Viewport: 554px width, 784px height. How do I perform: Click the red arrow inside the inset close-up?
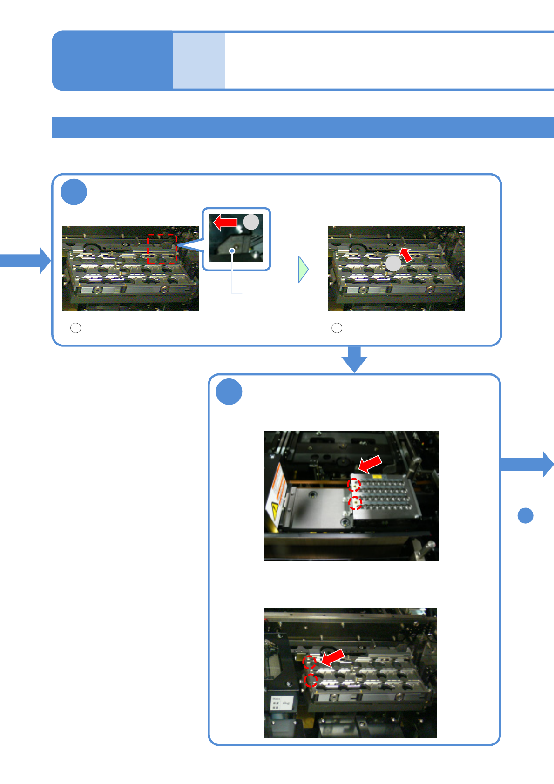[x=225, y=223]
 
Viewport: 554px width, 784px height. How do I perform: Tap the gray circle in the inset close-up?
[x=251, y=222]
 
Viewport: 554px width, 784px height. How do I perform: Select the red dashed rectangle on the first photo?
[x=162, y=249]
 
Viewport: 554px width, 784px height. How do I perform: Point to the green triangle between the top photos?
[x=303, y=269]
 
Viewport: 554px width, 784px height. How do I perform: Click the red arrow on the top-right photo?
[x=406, y=255]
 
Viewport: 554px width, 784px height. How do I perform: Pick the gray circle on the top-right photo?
[x=393, y=264]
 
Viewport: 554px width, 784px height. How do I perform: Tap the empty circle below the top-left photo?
[x=75, y=328]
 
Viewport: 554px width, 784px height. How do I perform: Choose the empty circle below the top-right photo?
[x=337, y=328]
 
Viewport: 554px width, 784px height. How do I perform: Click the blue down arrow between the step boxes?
[x=354, y=359]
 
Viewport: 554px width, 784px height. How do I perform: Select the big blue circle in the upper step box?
[x=74, y=192]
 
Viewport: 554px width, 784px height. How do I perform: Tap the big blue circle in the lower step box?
[x=229, y=392]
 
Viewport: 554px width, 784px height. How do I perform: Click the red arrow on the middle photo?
[x=371, y=464]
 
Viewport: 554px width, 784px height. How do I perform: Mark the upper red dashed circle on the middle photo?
[x=354, y=485]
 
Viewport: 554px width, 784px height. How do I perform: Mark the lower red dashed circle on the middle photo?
[x=356, y=503]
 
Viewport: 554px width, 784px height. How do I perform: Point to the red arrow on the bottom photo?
[x=333, y=657]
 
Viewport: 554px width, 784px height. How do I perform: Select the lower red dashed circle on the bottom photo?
[x=310, y=681]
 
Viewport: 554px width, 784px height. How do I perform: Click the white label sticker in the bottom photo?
[x=281, y=703]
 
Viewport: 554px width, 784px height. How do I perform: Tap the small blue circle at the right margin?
[x=525, y=516]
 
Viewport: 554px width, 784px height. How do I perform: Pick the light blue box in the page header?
[x=199, y=61]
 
